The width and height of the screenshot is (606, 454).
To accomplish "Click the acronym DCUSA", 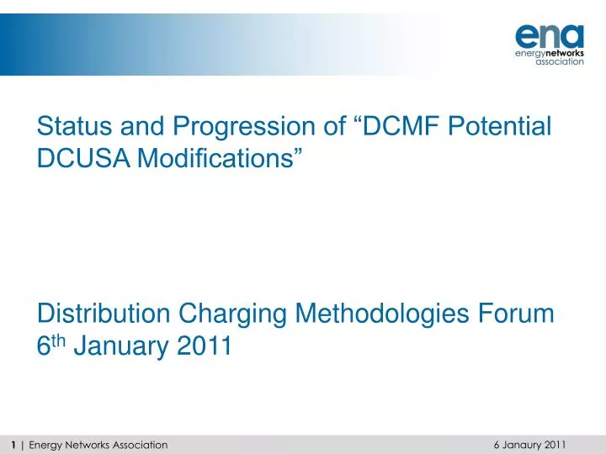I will [80, 160].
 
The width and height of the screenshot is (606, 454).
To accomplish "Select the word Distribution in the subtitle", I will [104, 314].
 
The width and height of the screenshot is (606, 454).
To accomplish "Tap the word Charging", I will [237, 314].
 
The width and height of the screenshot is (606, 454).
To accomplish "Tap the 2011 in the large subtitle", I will [204, 346].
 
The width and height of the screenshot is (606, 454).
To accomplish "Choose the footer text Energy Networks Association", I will [98, 445].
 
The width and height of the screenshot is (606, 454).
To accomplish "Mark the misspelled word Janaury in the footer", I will [522, 445].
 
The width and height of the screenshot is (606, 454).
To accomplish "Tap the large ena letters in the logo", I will [548, 35].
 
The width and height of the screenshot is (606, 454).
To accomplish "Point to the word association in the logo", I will [560, 61].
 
